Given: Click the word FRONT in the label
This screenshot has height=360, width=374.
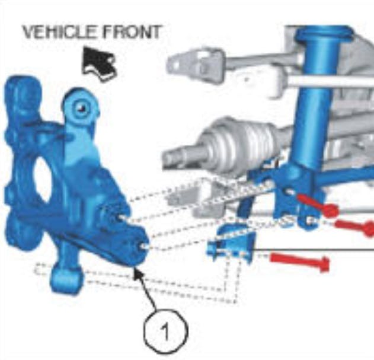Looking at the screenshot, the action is [130, 32].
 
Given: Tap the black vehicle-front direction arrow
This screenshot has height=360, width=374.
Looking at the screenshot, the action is [99, 63].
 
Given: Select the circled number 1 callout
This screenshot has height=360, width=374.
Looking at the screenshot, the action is [166, 331].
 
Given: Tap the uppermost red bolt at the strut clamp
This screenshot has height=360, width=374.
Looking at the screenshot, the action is [317, 206].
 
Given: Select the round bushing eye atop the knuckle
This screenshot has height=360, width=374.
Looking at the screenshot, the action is [81, 107].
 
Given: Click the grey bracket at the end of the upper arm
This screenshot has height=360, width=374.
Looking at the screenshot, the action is [196, 63].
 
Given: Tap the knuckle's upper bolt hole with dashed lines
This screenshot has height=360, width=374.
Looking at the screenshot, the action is [121, 217].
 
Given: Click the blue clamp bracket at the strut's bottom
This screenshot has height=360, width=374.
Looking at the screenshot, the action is [298, 196].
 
